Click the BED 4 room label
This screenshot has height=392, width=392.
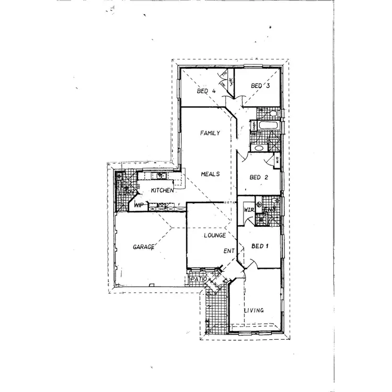[x=207, y=91]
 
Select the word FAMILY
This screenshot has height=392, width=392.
[x=210, y=133]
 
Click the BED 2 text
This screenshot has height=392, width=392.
[x=259, y=177]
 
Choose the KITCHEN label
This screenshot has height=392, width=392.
[x=162, y=191]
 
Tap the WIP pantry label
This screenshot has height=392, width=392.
[x=139, y=205]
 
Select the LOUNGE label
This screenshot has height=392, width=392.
[x=214, y=236]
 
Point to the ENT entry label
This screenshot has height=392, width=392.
[x=229, y=251]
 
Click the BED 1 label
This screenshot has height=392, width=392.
[x=260, y=246]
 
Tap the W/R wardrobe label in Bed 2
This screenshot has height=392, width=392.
[x=277, y=160]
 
